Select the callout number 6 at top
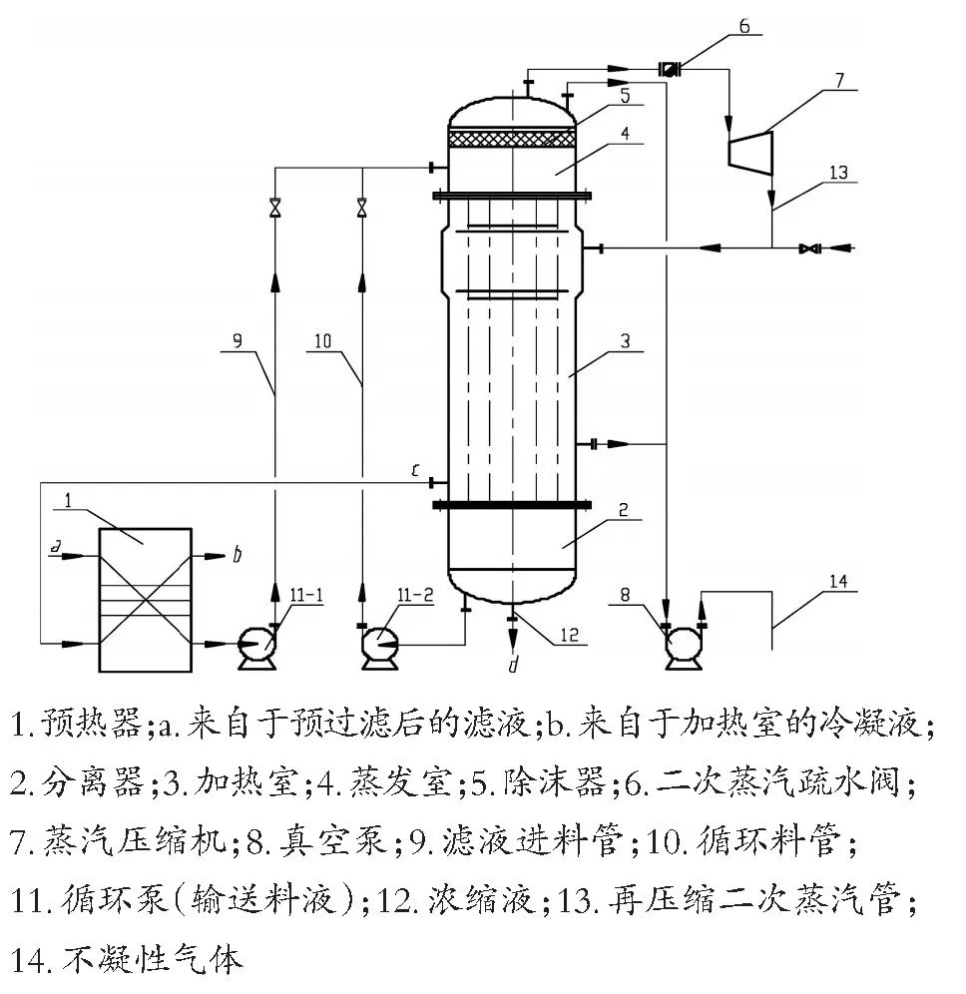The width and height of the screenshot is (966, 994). [x=743, y=26]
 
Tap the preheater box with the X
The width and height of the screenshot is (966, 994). [x=145, y=599]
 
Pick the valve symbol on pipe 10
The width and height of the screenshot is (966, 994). [x=361, y=209]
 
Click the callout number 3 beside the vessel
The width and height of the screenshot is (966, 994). [x=624, y=341]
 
